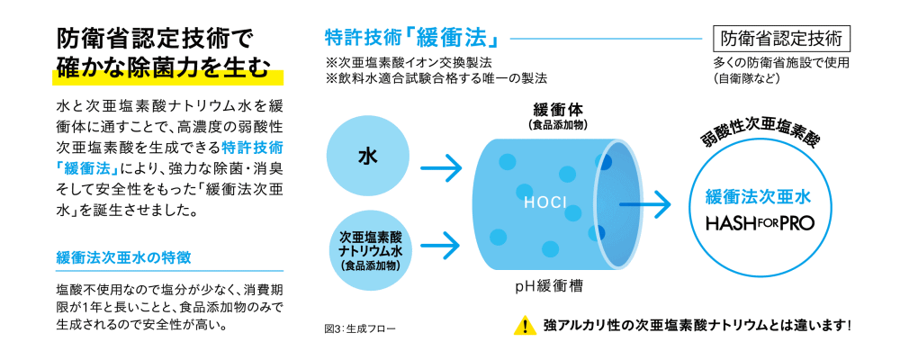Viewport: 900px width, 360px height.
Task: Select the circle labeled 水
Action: pos(367,155)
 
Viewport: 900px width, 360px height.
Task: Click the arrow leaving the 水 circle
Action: pos(440,166)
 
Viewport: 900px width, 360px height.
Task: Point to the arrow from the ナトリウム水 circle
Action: pos(440,241)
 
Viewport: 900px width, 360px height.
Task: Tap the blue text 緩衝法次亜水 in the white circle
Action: pos(760,195)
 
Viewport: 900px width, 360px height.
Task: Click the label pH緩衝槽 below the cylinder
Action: pos(549,287)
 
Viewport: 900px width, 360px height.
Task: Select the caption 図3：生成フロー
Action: pos(359,328)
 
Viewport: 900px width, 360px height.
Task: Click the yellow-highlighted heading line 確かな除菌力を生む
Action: pos(162,68)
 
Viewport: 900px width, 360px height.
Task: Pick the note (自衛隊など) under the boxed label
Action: pos(746,78)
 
